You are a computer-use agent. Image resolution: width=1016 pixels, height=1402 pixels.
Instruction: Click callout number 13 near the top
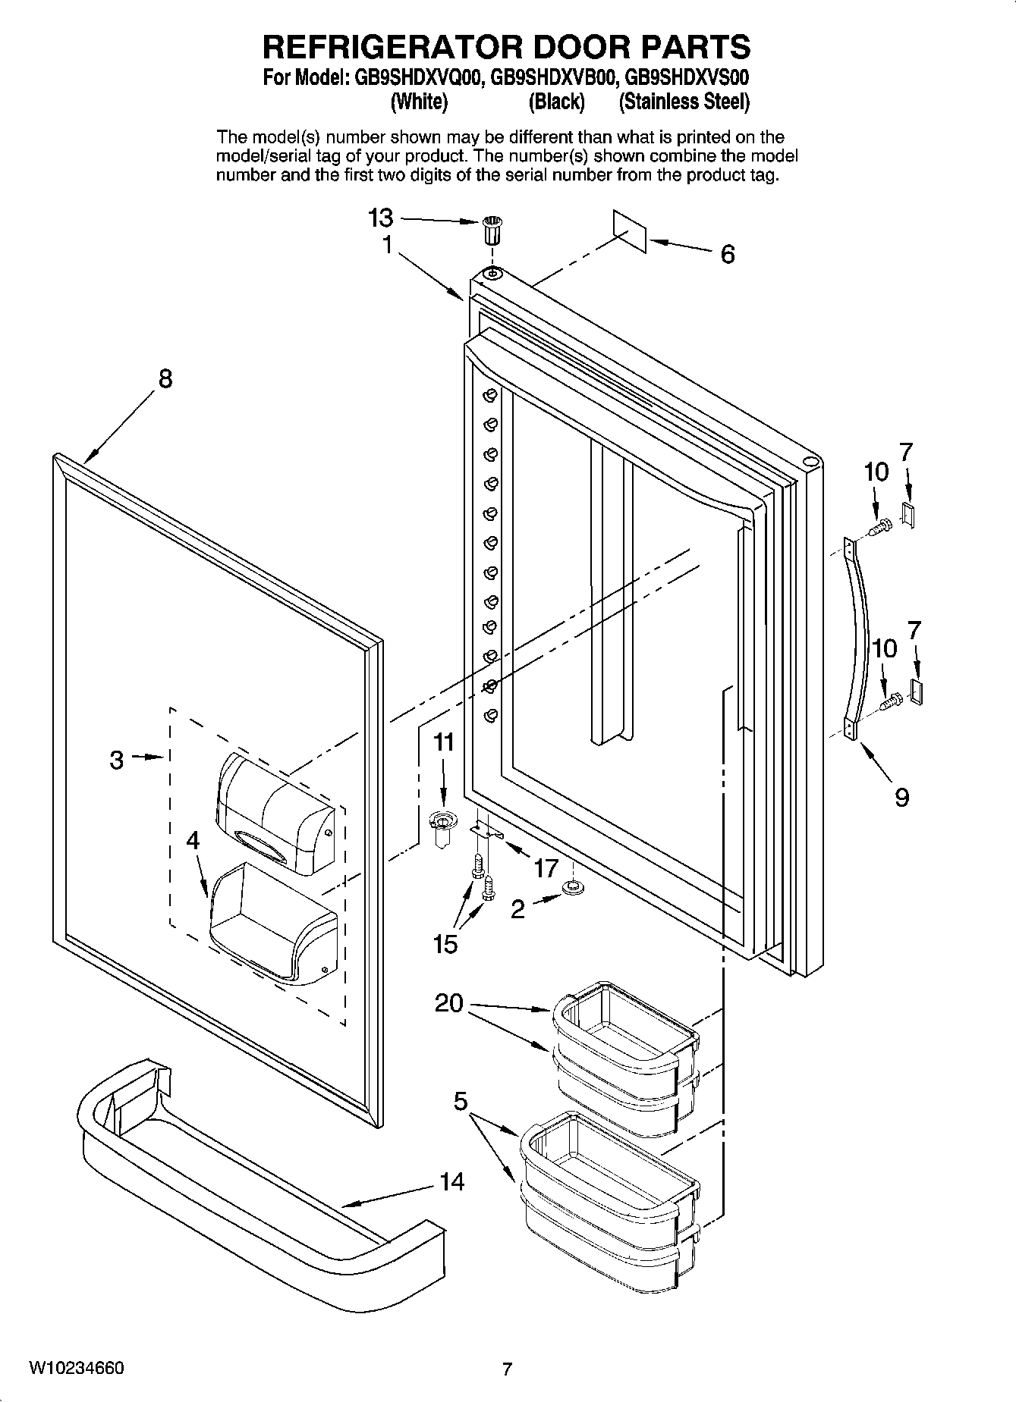click(381, 218)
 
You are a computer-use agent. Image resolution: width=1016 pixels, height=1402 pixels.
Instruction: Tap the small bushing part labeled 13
click(492, 229)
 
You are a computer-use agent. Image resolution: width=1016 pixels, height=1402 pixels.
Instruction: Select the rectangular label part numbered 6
click(630, 231)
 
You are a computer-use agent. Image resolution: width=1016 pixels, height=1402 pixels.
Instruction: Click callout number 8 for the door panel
click(165, 378)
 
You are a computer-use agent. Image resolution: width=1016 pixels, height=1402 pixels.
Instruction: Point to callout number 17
click(546, 867)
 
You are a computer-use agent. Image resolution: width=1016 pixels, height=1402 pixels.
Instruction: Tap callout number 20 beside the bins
click(448, 1003)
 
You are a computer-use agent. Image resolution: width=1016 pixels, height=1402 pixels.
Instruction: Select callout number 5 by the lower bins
click(461, 1101)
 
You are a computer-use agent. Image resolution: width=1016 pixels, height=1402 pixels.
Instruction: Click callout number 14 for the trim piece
click(452, 1181)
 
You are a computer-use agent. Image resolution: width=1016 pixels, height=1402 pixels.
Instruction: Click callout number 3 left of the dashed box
click(116, 760)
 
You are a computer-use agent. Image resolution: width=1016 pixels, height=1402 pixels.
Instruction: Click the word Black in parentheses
click(556, 102)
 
